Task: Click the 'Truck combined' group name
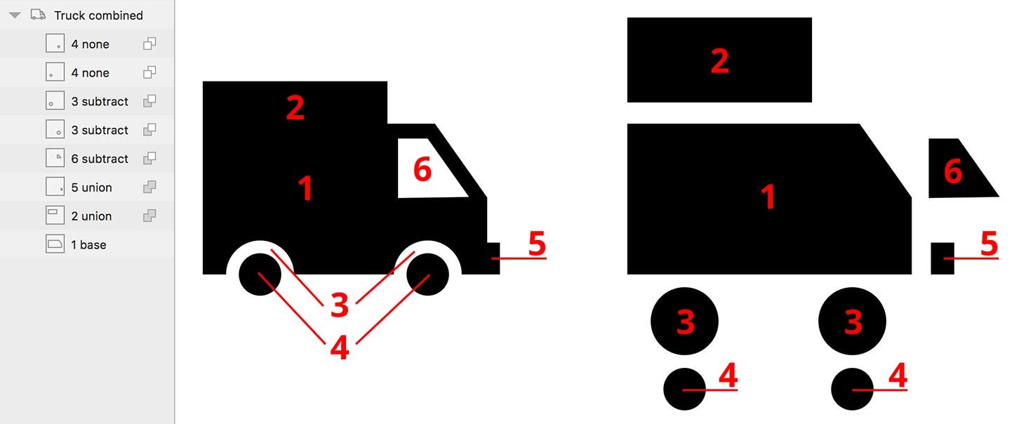99,15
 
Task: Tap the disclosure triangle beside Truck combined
15,15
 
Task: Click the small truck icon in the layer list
38,15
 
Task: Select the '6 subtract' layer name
100,159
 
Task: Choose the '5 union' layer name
91,187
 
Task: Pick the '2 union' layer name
91,216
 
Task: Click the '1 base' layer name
88,245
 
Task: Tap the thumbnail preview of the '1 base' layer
55,244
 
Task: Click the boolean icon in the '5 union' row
149,187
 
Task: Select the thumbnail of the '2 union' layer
55,216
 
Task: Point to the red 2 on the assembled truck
295,108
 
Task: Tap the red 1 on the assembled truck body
306,188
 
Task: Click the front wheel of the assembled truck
427,274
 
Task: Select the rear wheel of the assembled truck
260,274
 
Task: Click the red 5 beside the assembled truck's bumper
538,244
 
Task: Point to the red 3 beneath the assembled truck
340,305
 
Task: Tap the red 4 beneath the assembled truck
340,347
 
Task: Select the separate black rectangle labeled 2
719,60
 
